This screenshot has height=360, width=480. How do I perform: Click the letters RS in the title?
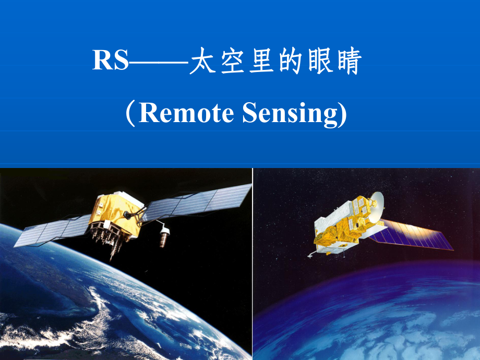click(111, 61)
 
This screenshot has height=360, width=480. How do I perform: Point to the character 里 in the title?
click(267, 62)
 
